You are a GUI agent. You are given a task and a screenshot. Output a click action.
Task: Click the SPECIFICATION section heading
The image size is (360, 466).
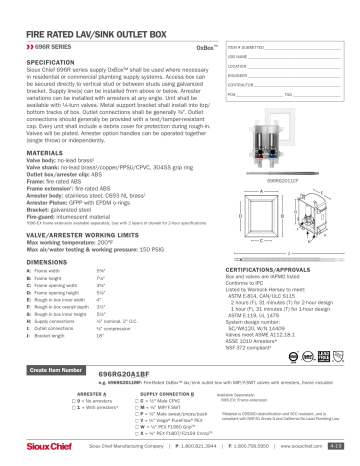tap(46, 61)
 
